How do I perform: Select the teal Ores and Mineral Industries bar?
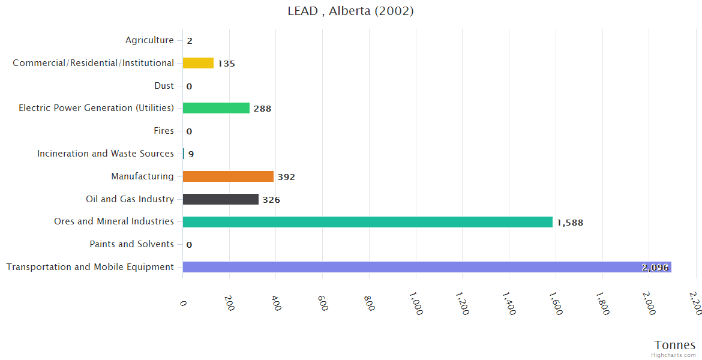pos(367,222)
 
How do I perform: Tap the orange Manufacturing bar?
pos(228,176)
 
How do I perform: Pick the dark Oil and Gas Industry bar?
pos(220,199)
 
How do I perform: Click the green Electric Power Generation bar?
pos(216,108)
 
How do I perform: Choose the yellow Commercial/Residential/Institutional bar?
pos(198,63)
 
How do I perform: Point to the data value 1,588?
pos(569,223)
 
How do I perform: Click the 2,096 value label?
pos(655,268)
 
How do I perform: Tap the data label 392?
pos(286,177)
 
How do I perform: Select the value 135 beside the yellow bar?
pos(226,64)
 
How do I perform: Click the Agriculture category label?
pos(149,40)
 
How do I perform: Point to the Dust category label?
pos(164,86)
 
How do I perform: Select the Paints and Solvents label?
pos(131,244)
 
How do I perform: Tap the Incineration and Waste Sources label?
pos(106,154)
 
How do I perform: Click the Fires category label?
pos(164,131)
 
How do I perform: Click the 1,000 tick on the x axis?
pos(415,303)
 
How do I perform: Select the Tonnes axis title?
pos(674,345)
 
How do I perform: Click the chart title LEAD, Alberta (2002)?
pos(350,11)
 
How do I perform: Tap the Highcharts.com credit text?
pos(674,355)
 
